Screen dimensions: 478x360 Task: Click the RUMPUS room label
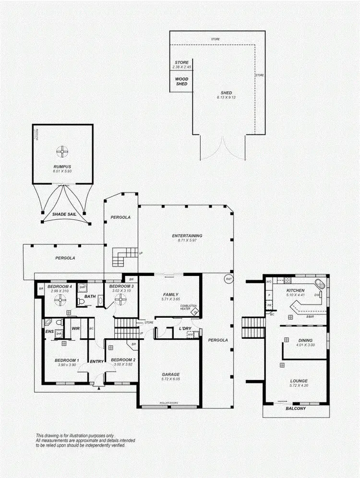pyautogui.click(x=62, y=167)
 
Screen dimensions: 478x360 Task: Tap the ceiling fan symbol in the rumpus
pyautogui.click(x=62, y=152)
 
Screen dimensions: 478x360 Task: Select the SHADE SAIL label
pyautogui.click(x=62, y=214)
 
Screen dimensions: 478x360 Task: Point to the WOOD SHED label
pyautogui.click(x=181, y=82)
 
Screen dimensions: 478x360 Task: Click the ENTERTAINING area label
pyautogui.click(x=187, y=236)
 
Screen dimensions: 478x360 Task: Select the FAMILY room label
pyautogui.click(x=170, y=295)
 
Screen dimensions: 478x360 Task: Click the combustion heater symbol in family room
pyautogui.click(x=195, y=312)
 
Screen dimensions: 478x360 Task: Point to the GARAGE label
pyautogui.click(x=170, y=374)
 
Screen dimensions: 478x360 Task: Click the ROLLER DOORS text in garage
pyautogui.click(x=170, y=403)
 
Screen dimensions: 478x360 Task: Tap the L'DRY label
pyautogui.click(x=186, y=328)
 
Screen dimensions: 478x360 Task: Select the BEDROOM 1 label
pyautogui.click(x=66, y=360)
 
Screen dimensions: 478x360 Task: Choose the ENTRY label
pyautogui.click(x=97, y=361)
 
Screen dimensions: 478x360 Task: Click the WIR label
pyautogui.click(x=75, y=328)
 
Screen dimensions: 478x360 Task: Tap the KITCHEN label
pyautogui.click(x=296, y=291)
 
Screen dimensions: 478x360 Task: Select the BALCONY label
pyautogui.click(x=296, y=408)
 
